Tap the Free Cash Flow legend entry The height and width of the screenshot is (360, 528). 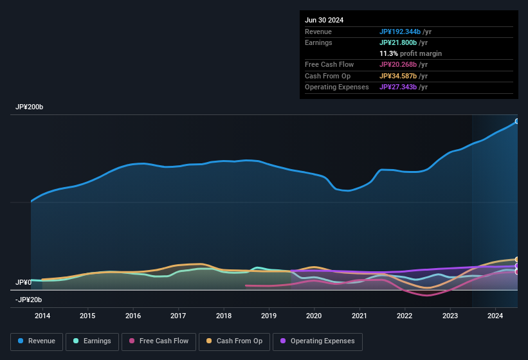[159, 341]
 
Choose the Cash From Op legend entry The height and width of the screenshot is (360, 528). [234, 341]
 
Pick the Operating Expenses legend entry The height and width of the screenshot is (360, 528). [317, 341]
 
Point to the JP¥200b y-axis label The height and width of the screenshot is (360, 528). [30, 107]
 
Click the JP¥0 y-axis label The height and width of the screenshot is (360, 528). [23, 282]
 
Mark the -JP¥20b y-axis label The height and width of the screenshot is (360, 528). [28, 300]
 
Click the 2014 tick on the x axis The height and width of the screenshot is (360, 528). [42, 316]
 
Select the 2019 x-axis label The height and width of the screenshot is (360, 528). [269, 316]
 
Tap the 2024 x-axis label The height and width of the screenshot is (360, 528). [495, 316]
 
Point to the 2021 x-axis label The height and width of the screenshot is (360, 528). [360, 316]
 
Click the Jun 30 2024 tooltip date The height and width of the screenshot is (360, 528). [324, 20]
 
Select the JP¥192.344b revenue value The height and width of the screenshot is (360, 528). [401, 32]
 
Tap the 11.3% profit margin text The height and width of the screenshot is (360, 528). [410, 53]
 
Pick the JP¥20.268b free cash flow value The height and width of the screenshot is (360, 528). [399, 64]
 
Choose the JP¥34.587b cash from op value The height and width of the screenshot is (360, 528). [399, 76]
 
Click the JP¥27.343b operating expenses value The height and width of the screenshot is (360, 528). [399, 87]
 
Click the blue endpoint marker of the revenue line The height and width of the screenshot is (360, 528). [517, 121]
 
